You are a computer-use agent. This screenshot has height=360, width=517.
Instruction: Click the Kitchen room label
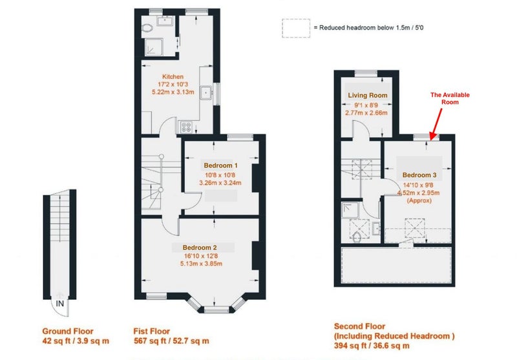pyautogui.click(x=173, y=76)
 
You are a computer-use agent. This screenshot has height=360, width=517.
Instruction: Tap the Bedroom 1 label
pyautogui.click(x=220, y=165)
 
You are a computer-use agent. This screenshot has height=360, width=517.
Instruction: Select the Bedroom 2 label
pyautogui.click(x=200, y=248)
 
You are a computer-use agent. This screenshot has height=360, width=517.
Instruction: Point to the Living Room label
pyautogui.click(x=368, y=96)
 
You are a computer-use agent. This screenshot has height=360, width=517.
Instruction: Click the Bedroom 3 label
pyautogui.click(x=419, y=175)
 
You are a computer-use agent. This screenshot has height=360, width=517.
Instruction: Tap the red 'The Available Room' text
pyautogui.click(x=450, y=98)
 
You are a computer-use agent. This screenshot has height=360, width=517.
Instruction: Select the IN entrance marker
pyautogui.click(x=59, y=303)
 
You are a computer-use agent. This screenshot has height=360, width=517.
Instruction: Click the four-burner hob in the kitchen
pyautogui.click(x=186, y=127)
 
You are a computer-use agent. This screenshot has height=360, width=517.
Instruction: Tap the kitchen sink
pyautogui.click(x=207, y=92)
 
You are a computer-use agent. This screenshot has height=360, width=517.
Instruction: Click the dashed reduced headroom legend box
pyautogui.click(x=296, y=28)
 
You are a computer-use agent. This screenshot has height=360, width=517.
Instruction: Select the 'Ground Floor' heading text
pyautogui.click(x=68, y=332)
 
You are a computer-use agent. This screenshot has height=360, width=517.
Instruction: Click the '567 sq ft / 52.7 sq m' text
pyautogui.click(x=171, y=341)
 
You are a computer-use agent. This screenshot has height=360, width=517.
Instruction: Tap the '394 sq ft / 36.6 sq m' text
pyautogui.click(x=372, y=346)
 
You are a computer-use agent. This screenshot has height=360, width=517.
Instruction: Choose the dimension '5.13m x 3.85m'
pyautogui.click(x=201, y=264)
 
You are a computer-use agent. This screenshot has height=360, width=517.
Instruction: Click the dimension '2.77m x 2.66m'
pyautogui.click(x=366, y=112)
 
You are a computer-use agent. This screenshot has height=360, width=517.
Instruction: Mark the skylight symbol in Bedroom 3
pyautogui.click(x=414, y=228)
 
